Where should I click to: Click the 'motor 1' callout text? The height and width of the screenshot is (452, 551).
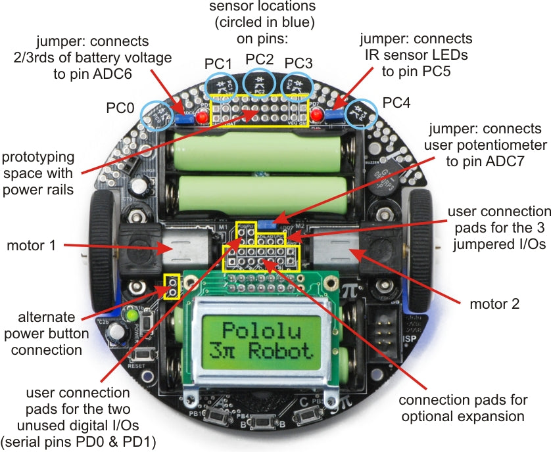pos(31,246)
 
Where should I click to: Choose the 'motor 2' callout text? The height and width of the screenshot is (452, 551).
pos(494,304)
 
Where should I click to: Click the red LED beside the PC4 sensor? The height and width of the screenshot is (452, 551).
pos(317,116)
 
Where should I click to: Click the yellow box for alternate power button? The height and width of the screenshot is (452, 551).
pos(172,286)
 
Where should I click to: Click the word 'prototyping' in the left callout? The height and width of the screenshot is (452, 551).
pos(37,158)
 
